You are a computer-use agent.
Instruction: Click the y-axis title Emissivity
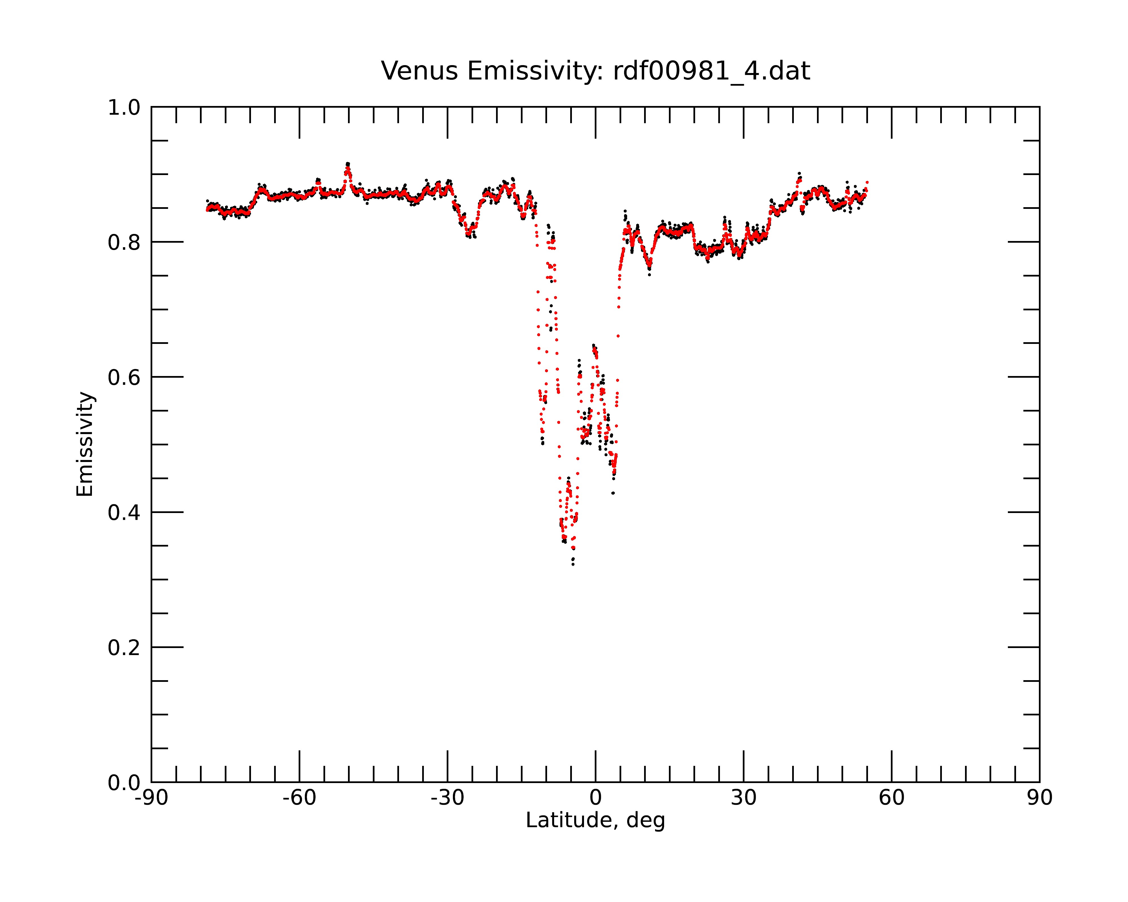click(85, 444)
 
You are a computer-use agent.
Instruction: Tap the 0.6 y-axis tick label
click(124, 377)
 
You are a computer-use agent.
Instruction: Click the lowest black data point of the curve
click(573, 564)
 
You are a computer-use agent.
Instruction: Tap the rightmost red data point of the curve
click(867, 182)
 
